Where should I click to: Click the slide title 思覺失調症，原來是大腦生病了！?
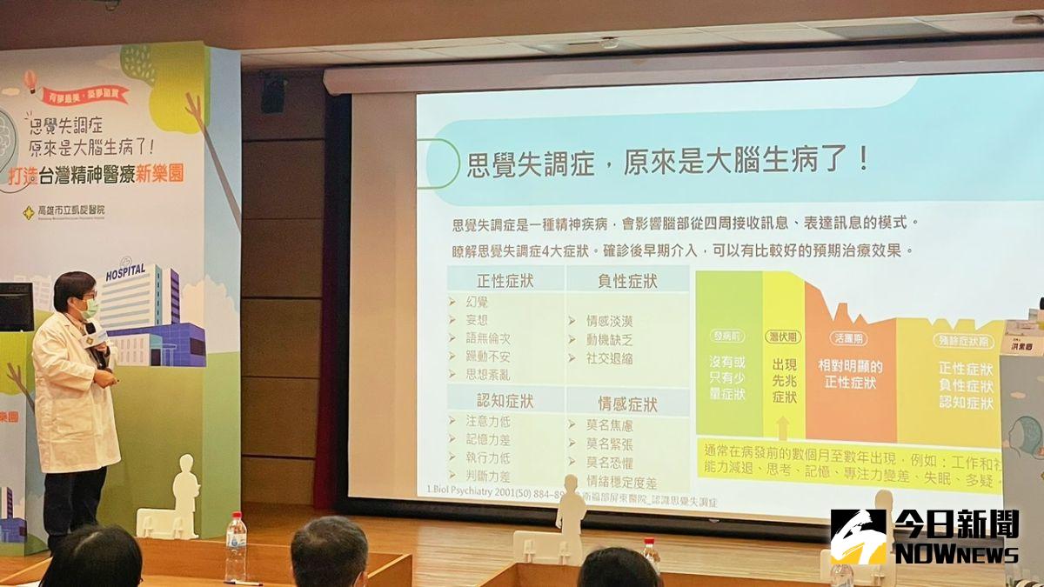coord(667,163)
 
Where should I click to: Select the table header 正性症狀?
coord(506,281)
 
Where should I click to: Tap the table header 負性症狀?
coord(627,281)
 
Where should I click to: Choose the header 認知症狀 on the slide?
coord(505,401)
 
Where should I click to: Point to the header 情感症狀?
coord(627,404)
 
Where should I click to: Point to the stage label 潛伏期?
coord(783,337)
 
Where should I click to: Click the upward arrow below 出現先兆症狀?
coord(783,427)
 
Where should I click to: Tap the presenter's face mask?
coord(88,307)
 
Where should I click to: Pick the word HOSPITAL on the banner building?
coord(126,272)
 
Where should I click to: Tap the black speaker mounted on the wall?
coord(272,94)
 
